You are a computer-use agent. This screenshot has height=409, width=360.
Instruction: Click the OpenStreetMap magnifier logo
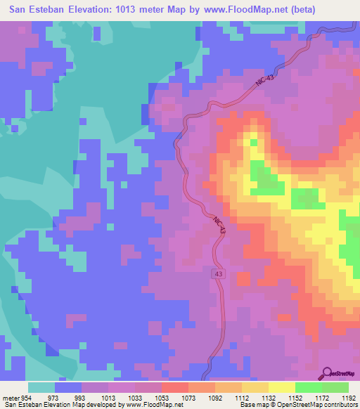pyautogui.click(x=328, y=373)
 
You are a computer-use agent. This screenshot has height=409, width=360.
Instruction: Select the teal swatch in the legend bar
pyautogui.click(x=41, y=387)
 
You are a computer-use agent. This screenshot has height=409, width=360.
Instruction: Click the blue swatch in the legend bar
pyautogui.click(x=68, y=387)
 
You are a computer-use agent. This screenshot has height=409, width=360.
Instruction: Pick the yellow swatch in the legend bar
pyautogui.click(x=281, y=387)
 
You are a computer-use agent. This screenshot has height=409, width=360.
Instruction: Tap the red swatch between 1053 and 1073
pyautogui.click(x=174, y=387)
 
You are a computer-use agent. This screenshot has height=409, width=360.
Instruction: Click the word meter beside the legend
pyautogui.click(x=10, y=398)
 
